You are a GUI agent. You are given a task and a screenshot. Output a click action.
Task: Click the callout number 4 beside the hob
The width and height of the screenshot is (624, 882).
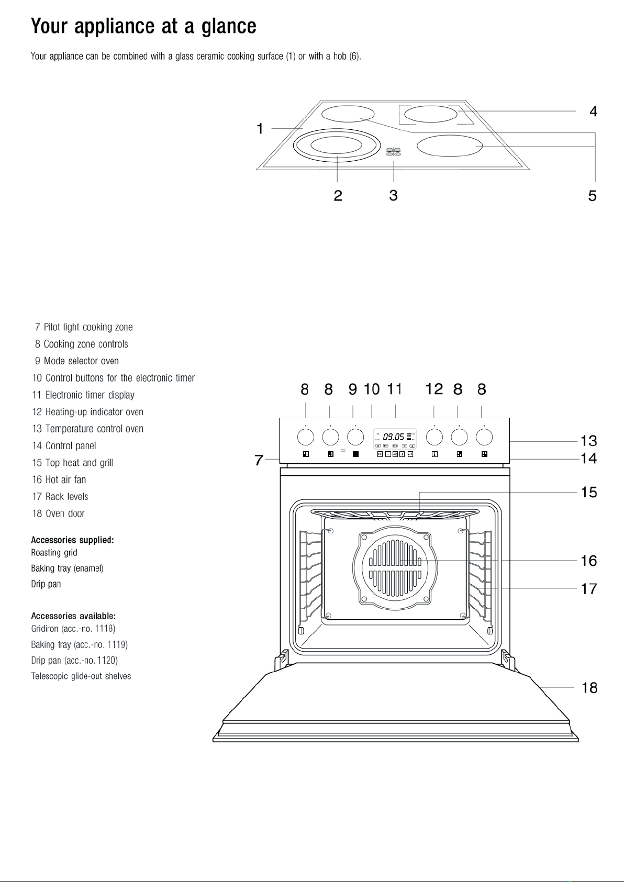click(x=593, y=111)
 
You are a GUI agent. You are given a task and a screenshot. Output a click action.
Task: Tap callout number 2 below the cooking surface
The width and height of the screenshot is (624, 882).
click(x=338, y=196)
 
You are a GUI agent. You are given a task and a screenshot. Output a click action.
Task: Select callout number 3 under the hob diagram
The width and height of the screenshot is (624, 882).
click(x=393, y=195)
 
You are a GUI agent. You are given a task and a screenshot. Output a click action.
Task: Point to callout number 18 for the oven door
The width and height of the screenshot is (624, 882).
click(x=589, y=688)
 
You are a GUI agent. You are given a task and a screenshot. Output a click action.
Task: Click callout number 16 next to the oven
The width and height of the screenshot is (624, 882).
click(x=589, y=561)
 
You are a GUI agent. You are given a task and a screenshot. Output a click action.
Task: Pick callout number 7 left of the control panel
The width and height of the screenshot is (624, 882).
click(x=259, y=460)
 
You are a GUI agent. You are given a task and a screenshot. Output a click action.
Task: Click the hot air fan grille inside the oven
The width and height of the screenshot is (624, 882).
click(x=395, y=567)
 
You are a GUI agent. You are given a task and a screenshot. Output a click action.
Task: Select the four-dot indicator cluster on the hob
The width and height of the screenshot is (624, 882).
click(x=393, y=152)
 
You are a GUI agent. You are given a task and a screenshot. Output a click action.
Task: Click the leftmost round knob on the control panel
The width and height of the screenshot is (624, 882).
click(x=306, y=437)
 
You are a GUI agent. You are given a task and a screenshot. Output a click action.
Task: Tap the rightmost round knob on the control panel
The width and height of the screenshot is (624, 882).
click(x=484, y=437)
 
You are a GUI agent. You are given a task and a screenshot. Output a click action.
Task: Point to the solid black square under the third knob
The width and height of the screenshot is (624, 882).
click(x=355, y=454)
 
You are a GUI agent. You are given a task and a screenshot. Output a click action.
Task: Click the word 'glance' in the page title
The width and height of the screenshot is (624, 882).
click(x=229, y=27)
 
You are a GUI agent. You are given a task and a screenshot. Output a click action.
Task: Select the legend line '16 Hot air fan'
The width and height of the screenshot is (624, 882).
click(x=59, y=479)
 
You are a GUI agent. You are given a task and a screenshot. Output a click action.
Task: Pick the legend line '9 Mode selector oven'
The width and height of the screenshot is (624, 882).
click(x=77, y=361)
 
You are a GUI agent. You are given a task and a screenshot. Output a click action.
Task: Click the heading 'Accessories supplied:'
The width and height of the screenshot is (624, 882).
click(x=72, y=540)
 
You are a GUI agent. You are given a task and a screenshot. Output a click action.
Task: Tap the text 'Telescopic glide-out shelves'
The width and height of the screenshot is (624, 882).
click(x=81, y=676)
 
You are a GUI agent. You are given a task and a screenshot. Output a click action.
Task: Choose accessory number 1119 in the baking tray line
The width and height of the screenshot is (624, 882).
click(x=117, y=644)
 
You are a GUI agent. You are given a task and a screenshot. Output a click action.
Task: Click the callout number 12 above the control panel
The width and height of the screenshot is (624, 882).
click(x=434, y=389)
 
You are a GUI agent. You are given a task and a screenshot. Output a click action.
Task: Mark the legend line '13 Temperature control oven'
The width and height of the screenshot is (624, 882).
click(x=88, y=428)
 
